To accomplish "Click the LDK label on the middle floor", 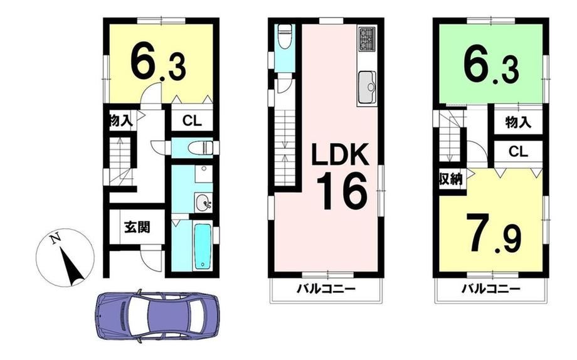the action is coord(340,155).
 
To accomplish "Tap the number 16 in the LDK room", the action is coord(342,191).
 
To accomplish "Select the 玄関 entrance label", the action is coord(137,227).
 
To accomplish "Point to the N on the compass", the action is coord(55,239).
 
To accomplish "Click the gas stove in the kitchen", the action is coord(366,40).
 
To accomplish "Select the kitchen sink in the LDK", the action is coord(366,86).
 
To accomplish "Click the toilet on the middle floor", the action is coord(284,36).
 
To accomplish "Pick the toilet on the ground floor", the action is coord(200,148).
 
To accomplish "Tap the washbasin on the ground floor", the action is coord(203,203).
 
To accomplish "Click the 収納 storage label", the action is coord(450,179).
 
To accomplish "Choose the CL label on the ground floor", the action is coord(192,121).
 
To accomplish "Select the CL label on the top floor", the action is coord(519,151).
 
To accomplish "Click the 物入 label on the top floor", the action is coord(518,122).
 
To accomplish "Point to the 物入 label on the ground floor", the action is coord(120,120).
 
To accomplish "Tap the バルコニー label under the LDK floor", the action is coord(326,289).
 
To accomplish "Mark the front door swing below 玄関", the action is coord(151,260).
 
